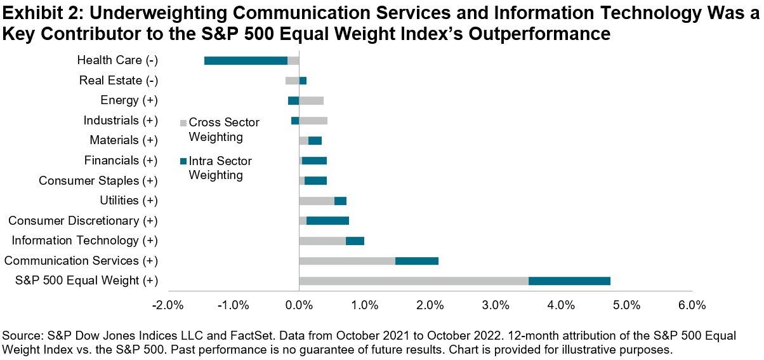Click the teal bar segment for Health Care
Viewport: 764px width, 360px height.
pyautogui.click(x=246, y=60)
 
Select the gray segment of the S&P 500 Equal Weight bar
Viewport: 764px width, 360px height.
pyautogui.click(x=413, y=281)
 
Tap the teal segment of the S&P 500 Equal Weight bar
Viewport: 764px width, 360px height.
pyautogui.click(x=569, y=281)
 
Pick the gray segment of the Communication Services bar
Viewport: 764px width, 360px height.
pyautogui.click(x=346, y=261)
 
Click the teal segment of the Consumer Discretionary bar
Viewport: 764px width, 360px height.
pyautogui.click(x=327, y=221)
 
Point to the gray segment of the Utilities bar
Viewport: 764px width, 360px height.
pyautogui.click(x=316, y=201)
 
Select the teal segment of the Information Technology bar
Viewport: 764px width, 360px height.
pyautogui.click(x=355, y=241)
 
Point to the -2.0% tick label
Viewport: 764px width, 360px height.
pyautogui.click(x=168, y=306)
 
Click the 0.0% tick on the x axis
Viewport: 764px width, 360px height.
pyautogui.click(x=299, y=306)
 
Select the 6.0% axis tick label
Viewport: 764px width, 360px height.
pyautogui.click(x=692, y=306)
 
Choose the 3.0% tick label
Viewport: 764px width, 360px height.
pyautogui.click(x=496, y=306)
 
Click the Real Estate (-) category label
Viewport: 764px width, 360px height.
pyautogui.click(x=118, y=81)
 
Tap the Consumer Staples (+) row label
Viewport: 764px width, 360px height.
pyautogui.click(x=98, y=181)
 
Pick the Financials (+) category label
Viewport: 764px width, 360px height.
pyautogui.click(x=121, y=161)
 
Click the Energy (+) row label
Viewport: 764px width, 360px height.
pyautogui.click(x=129, y=100)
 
